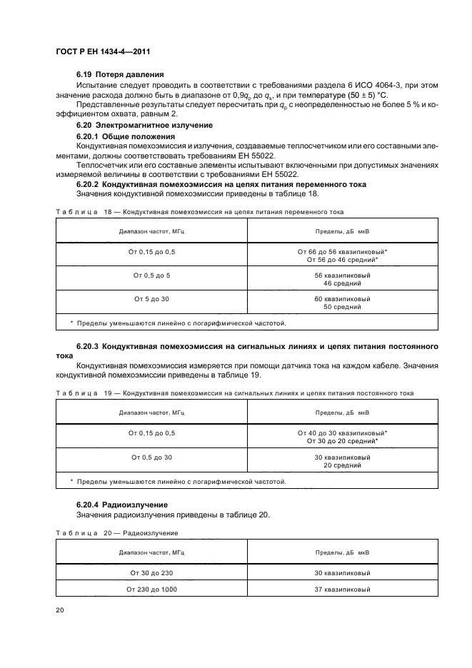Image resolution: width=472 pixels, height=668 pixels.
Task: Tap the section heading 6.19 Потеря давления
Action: pyautogui.click(x=120, y=74)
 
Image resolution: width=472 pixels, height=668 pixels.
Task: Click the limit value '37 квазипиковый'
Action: pyautogui.click(x=342, y=590)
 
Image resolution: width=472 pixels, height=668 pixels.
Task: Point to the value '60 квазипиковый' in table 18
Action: pyautogui.click(x=342, y=298)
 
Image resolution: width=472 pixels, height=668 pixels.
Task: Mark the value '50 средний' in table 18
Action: pyautogui.click(x=342, y=307)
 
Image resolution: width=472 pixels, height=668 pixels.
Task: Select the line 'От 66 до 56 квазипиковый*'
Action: pyautogui.click(x=342, y=252)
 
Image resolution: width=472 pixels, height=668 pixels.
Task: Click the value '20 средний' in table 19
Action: pyautogui.click(x=342, y=465)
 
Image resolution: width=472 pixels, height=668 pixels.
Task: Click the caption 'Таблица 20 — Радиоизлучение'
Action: pyautogui.click(x=116, y=532)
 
